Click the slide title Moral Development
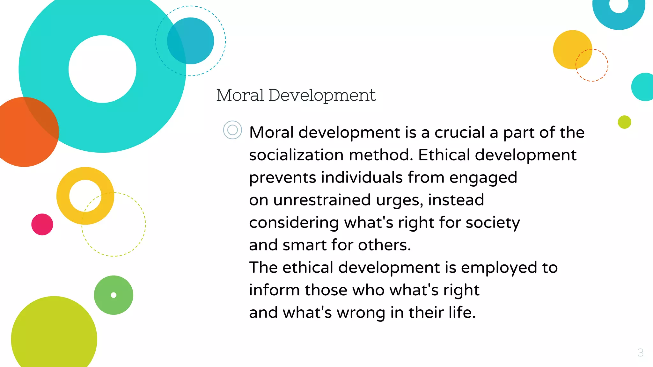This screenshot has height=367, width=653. (x=296, y=95)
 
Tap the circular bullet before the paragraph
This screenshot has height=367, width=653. (x=232, y=130)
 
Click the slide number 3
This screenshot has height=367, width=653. (x=640, y=353)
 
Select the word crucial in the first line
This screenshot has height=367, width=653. (x=459, y=132)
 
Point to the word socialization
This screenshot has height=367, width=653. (x=296, y=155)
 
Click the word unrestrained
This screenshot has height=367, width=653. (x=322, y=200)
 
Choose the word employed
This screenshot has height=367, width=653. (x=499, y=268)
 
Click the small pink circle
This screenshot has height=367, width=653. (x=42, y=224)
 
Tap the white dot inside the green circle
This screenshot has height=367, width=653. (x=114, y=295)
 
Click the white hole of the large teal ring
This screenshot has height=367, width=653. (x=102, y=69)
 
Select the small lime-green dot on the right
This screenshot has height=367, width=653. (x=624, y=122)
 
